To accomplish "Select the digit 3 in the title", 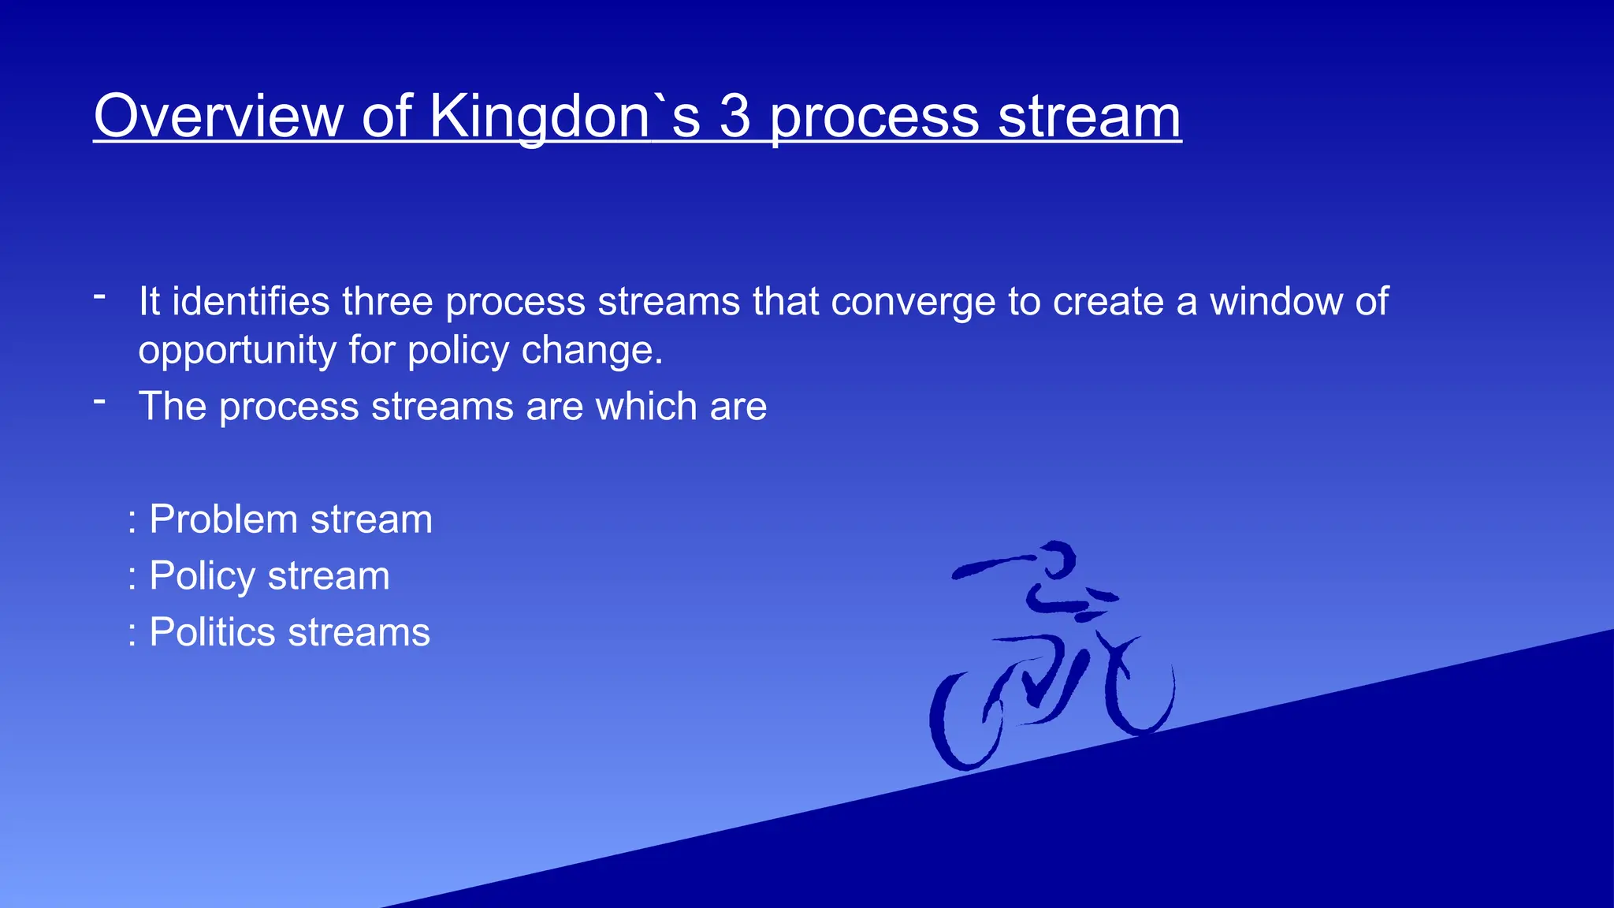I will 734,117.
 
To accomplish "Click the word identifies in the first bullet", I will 251,302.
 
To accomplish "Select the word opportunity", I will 237,352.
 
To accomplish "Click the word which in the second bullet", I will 646,407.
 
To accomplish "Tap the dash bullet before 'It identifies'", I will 99,297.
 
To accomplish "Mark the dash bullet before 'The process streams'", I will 99,402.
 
